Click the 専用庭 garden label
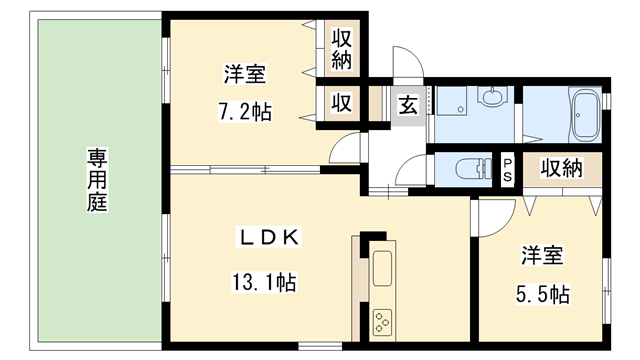tap(97, 180)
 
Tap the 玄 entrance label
tap(409, 104)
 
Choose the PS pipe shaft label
tap(508, 168)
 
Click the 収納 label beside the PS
tap(561, 168)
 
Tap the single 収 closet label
tap(341, 103)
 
